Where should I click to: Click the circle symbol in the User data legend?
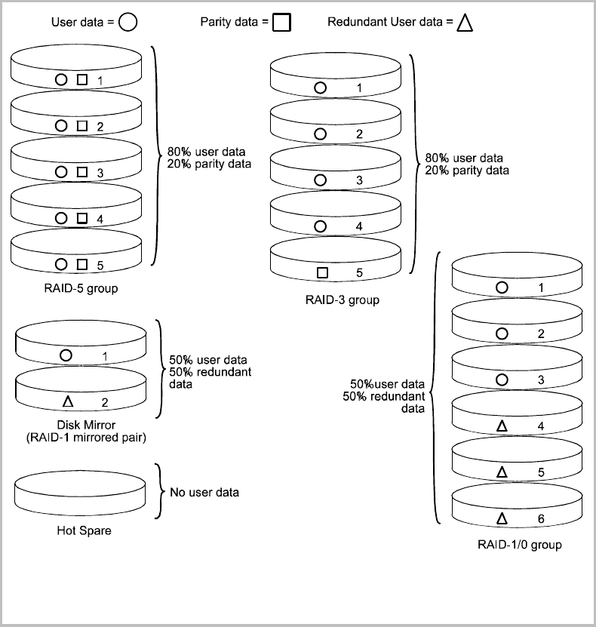click(128, 23)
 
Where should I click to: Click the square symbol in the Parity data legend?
click(281, 23)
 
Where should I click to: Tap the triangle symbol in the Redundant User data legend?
click(465, 23)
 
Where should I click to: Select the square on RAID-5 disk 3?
click(82, 173)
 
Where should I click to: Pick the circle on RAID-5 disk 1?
click(61, 79)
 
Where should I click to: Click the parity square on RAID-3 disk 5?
click(322, 272)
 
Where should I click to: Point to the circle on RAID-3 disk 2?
click(321, 134)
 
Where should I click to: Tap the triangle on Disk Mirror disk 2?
click(66, 402)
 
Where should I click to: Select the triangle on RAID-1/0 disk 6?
click(502, 518)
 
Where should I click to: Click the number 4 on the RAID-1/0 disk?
click(541, 427)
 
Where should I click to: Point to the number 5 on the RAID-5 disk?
click(100, 266)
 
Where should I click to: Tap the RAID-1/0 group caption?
click(520, 544)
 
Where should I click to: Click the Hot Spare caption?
click(84, 530)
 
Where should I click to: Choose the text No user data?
click(204, 493)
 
